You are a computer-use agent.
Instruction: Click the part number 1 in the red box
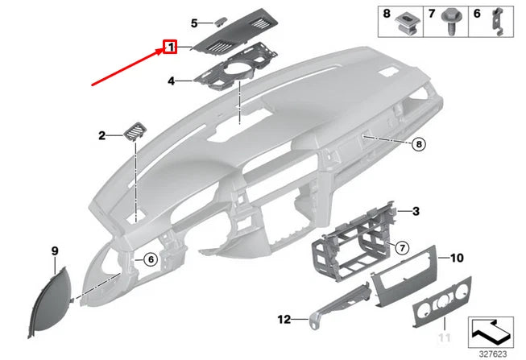[171, 48]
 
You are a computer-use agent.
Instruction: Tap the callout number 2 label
[102, 137]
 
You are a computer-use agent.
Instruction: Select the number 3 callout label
[416, 211]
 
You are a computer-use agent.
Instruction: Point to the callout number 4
[171, 81]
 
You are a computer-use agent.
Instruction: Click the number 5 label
[193, 23]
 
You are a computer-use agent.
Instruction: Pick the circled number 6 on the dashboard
[149, 259]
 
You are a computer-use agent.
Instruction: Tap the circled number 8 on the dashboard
[418, 145]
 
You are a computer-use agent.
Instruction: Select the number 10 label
[456, 259]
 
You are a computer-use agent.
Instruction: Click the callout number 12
[284, 320]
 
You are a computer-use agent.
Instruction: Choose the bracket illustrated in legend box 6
[498, 23]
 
